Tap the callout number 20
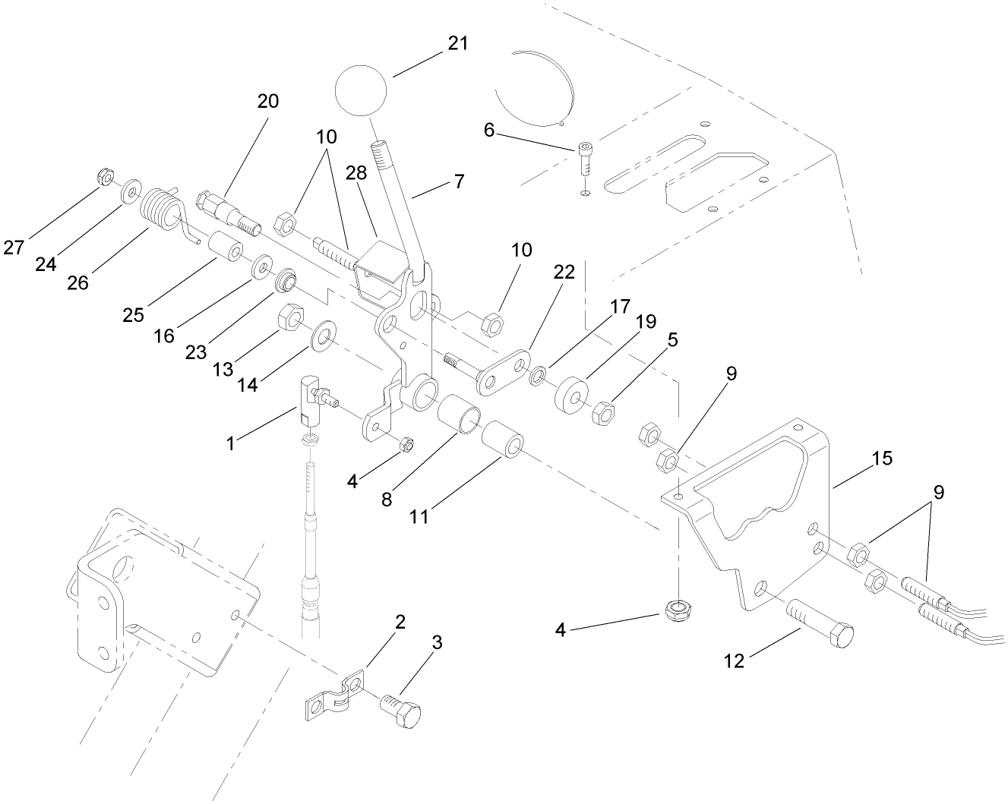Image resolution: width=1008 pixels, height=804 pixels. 268,102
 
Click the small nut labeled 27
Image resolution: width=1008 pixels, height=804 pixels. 106,178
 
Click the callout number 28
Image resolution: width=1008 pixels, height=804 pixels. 356,173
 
